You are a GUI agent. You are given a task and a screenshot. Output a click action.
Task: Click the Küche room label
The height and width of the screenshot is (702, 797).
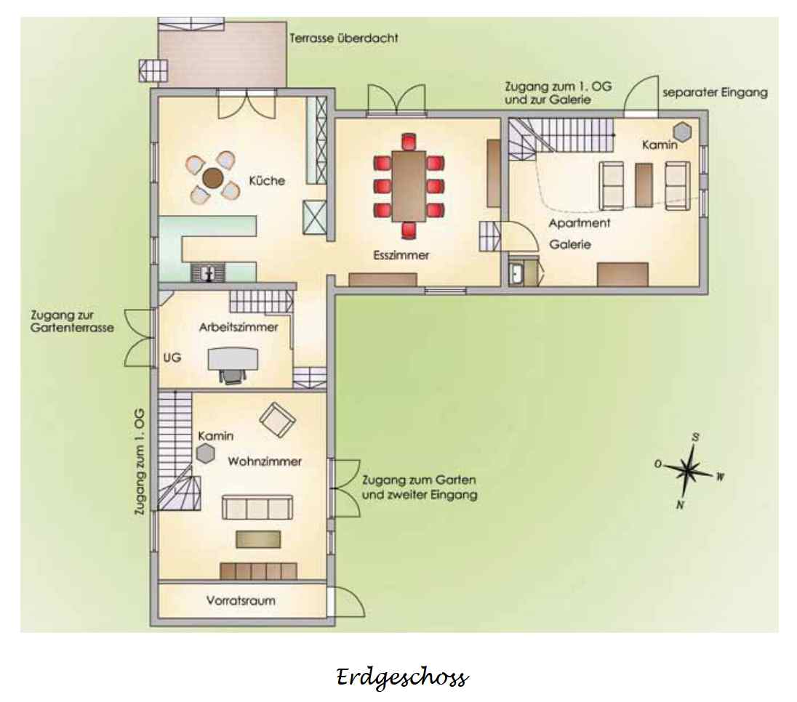pos(267,180)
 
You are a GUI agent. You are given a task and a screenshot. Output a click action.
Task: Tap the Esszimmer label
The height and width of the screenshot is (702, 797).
pos(401,255)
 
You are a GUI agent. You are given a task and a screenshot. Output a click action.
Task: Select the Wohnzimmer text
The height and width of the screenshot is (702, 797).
pos(264,461)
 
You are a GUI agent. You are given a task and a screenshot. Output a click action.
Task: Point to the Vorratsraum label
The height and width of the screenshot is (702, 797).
pos(241,600)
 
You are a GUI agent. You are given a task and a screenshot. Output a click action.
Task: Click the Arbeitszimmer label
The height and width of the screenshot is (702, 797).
pos(239,327)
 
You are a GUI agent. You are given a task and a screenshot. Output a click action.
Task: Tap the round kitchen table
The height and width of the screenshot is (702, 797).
pos(212,178)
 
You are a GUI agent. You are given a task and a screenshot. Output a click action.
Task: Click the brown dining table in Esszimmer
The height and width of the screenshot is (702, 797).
pos(409,186)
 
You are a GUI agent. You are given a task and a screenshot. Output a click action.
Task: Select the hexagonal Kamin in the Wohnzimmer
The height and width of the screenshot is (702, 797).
pos(205,453)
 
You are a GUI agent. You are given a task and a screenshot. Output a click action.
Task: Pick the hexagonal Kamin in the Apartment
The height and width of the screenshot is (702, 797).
pos(683,132)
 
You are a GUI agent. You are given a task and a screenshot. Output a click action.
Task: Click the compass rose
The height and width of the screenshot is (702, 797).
pos(689,470)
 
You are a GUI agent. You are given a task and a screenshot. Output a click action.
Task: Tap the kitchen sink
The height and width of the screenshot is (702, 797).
pos(208,273)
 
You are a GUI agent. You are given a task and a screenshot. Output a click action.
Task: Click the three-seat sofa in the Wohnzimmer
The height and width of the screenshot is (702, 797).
pos(257,507)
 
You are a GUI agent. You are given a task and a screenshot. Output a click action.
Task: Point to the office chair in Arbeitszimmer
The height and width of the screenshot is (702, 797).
pos(233,376)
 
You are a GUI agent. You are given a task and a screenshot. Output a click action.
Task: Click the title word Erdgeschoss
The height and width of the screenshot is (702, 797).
pos(401,678)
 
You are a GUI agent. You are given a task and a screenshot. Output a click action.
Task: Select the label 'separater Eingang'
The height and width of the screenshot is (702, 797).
pos(715,92)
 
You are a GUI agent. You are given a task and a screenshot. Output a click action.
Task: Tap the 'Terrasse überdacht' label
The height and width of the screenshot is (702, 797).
pos(344,38)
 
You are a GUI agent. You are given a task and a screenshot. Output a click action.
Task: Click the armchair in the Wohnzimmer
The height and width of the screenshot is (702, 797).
pos(278,419)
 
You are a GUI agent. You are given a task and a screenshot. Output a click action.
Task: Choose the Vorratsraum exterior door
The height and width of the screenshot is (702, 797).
pos(345,602)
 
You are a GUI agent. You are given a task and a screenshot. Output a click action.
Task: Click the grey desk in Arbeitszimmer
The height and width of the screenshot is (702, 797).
pos(233,358)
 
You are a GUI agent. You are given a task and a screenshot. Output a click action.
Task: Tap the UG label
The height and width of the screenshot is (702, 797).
pos(172,358)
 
